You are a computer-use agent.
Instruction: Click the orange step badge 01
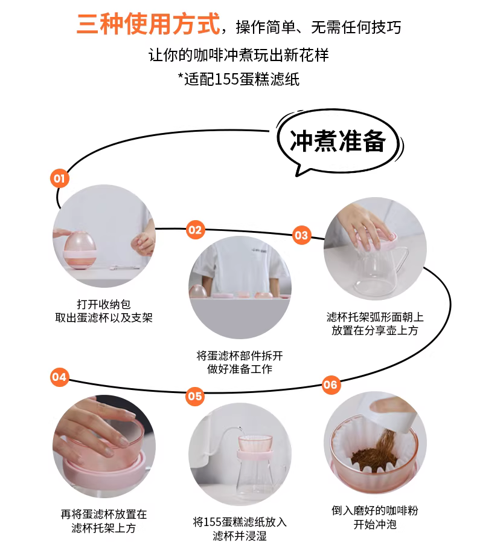(x=59, y=178)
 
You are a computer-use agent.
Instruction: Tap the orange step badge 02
(x=195, y=230)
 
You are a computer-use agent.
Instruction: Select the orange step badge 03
(x=301, y=235)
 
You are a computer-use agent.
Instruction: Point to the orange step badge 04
(x=59, y=377)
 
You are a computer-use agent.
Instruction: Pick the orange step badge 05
(x=195, y=396)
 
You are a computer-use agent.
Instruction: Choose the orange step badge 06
(x=330, y=385)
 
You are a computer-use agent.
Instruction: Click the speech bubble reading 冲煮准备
(x=339, y=142)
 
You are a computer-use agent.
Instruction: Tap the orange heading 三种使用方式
(x=149, y=24)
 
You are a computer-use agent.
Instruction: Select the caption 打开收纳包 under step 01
(x=104, y=304)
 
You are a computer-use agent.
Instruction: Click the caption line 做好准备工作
(x=240, y=369)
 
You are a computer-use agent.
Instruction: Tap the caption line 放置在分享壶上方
(x=375, y=330)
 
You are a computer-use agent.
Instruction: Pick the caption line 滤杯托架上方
(x=103, y=528)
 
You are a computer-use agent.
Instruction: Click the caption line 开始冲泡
(x=375, y=524)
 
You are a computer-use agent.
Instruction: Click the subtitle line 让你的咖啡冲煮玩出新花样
(x=238, y=55)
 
